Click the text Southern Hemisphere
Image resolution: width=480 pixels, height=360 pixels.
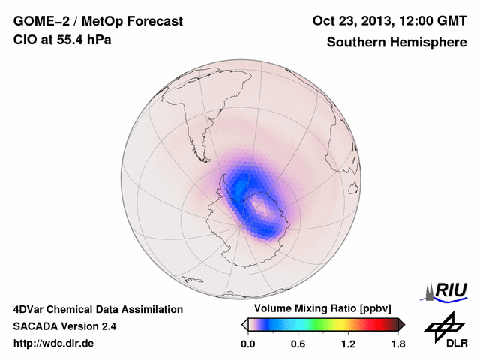(397, 43)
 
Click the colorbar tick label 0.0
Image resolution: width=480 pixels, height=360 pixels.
(247, 344)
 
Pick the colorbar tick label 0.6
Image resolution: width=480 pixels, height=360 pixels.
(298, 344)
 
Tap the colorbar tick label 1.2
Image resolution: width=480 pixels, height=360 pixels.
(348, 344)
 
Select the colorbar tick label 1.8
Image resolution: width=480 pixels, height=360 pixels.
(398, 344)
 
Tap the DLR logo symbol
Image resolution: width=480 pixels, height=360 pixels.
(443, 325)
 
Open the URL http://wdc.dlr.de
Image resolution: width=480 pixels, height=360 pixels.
(54, 344)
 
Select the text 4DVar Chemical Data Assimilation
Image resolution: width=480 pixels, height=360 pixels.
(97, 309)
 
